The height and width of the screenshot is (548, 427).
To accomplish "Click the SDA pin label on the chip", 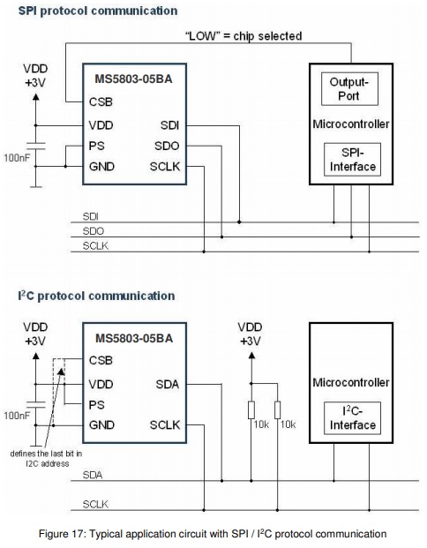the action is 168,385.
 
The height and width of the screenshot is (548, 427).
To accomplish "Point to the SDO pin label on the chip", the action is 167,146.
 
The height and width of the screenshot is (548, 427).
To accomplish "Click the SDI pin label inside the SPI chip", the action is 169,125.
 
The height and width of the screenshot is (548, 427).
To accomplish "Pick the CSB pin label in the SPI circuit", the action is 101,101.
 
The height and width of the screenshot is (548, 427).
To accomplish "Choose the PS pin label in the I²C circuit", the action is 96,405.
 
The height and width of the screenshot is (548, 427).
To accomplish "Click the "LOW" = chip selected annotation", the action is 243,36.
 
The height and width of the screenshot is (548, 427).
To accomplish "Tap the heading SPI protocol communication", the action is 98,11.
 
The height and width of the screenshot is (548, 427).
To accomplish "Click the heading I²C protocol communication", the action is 96,296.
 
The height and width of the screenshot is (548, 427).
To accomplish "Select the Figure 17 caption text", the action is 213,534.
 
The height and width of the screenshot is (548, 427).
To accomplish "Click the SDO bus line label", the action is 94,231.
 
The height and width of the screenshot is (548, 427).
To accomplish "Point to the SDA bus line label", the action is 93,475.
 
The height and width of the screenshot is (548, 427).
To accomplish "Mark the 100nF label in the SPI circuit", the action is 17,158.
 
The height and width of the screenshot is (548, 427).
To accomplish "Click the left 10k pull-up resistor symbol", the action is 251,410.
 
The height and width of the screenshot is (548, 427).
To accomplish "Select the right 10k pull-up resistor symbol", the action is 277,410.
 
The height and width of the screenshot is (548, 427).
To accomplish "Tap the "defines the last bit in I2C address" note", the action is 46,459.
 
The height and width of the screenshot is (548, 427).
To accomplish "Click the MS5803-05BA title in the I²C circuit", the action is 134,338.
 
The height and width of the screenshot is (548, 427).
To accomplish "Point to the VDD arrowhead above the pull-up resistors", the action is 251,356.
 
